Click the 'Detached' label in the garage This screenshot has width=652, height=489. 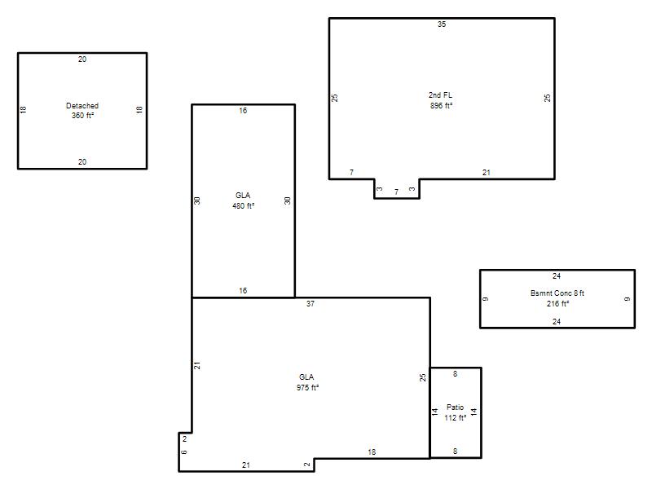pyautogui.click(x=82, y=106)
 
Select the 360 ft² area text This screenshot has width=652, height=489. pyautogui.click(x=82, y=116)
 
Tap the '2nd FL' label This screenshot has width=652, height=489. pyautogui.click(x=440, y=95)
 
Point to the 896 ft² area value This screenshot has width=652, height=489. pyautogui.click(x=441, y=106)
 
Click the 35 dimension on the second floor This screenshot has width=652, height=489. pyautogui.click(x=442, y=24)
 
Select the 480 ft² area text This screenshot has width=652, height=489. pyautogui.click(x=243, y=206)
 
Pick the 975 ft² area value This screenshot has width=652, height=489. pyautogui.click(x=307, y=388)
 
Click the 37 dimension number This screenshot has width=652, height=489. pyautogui.click(x=311, y=303)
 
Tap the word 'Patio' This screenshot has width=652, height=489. pyautogui.click(x=455, y=407)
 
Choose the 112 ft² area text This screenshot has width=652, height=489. pyautogui.click(x=455, y=417)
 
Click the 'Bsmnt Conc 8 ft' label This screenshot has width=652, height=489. pyautogui.click(x=557, y=293)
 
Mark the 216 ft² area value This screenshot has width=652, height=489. pyautogui.click(x=557, y=303)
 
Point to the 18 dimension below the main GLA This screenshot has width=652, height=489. pyautogui.click(x=372, y=452)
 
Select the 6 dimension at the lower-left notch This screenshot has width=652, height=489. pyautogui.click(x=184, y=452)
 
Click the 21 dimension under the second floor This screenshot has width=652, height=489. pyautogui.click(x=487, y=172)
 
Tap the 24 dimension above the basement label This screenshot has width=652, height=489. pyautogui.click(x=557, y=276)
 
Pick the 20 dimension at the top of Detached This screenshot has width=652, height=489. pyautogui.click(x=82, y=59)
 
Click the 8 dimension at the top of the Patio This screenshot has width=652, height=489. pyautogui.click(x=456, y=374)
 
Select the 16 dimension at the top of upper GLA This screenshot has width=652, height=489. pyautogui.click(x=243, y=111)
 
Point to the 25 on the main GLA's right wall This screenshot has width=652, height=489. pyautogui.click(x=423, y=377)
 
